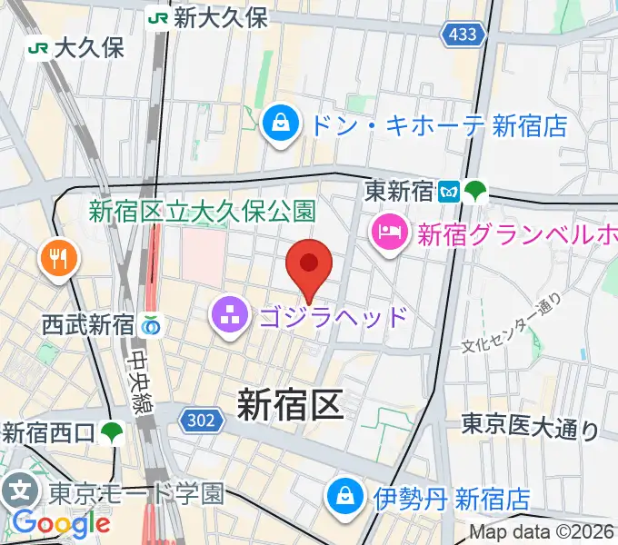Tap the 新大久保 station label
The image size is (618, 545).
pos(222,17)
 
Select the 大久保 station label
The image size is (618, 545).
pos(89,48)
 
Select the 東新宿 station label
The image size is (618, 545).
pos(401,191)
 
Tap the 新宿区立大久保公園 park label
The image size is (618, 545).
pos(202,212)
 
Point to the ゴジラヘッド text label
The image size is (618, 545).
pos(333,318)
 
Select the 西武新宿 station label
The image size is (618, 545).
pos(87,323)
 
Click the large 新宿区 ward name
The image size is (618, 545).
pos(291,403)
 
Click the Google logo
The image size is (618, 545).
pos(61,523)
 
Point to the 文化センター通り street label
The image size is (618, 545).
pos(511,325)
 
